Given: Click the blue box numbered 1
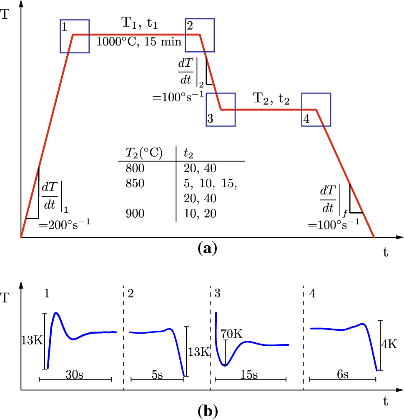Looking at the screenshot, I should pyautogui.click(x=74, y=36).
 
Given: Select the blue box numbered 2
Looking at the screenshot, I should pyautogui.click(x=200, y=36).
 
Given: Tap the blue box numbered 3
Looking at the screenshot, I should pyautogui.click(x=221, y=109).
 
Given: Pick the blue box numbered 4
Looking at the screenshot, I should pyautogui.click(x=316, y=109).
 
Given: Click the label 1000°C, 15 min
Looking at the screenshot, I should pyautogui.click(x=139, y=42).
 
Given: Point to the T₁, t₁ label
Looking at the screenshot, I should pyautogui.click(x=140, y=23).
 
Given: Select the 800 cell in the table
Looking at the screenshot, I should pyautogui.click(x=134, y=169).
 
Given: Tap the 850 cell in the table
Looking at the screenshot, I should pyautogui.click(x=134, y=184).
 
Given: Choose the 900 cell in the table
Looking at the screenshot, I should pyautogui.click(x=134, y=214).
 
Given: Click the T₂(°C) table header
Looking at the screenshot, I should pyautogui.click(x=144, y=153).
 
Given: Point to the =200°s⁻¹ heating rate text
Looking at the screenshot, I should pyautogui.click(x=65, y=225).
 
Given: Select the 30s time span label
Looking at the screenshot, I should pyautogui.click(x=75, y=375).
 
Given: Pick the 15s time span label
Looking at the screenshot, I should pyautogui.click(x=249, y=375).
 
